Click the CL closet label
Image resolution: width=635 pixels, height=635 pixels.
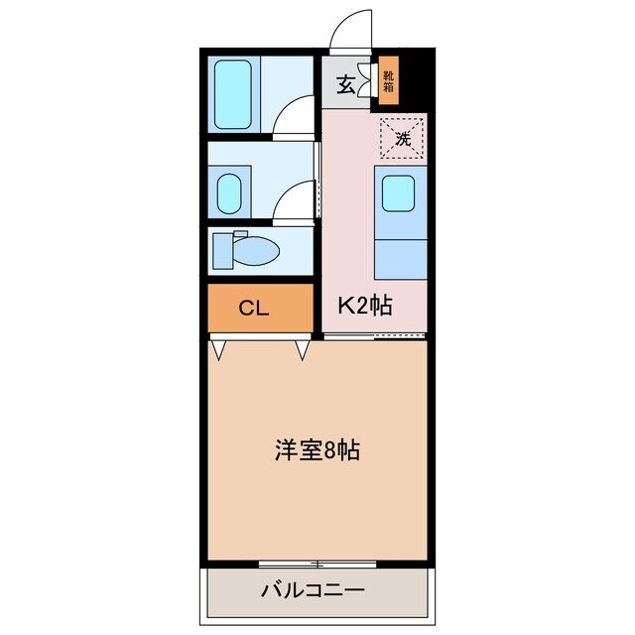255,308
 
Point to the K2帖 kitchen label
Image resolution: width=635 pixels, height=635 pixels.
365,308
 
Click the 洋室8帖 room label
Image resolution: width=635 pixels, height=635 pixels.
317,450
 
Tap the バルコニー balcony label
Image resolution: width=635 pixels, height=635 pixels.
314,590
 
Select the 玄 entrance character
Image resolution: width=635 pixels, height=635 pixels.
345,85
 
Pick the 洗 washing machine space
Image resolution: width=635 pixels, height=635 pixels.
403,139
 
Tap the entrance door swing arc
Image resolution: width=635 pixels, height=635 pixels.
355,27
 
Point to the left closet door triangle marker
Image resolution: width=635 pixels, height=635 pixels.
217,349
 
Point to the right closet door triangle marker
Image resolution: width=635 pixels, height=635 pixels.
302,349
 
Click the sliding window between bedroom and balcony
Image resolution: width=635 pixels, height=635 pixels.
317,563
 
